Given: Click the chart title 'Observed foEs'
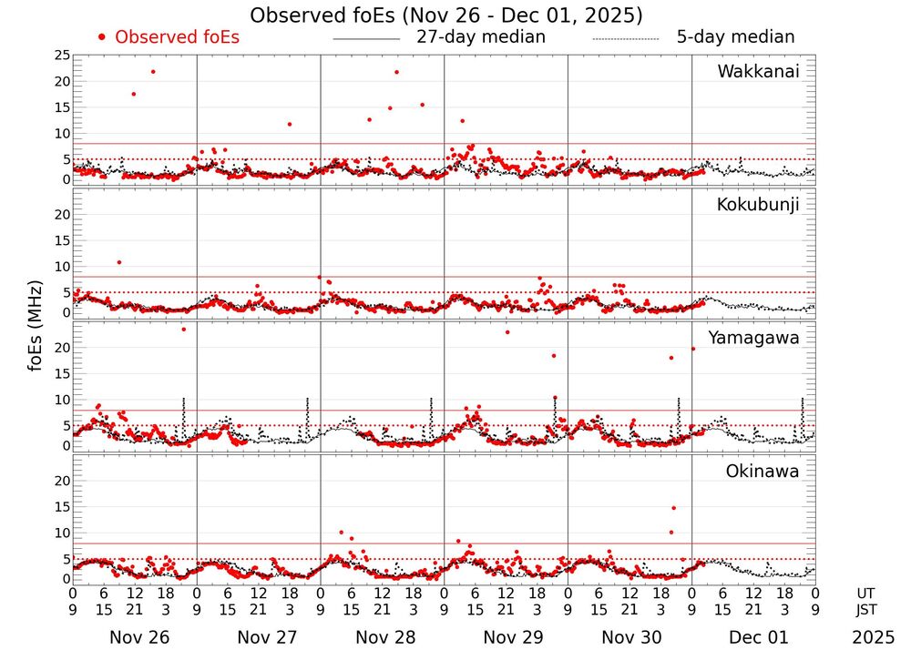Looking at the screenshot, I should point(446,15).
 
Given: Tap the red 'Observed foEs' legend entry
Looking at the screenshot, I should point(169,37).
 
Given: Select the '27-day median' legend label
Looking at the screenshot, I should point(481,37).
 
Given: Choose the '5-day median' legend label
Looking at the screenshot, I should point(735,37).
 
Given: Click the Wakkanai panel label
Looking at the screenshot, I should point(758,72).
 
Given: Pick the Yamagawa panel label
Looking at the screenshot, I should point(755,338).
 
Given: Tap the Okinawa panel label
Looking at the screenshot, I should point(762,472).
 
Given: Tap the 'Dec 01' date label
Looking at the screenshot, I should point(754,637).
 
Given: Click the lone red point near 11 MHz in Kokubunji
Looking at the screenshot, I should point(119,262).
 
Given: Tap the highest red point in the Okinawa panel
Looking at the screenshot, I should point(673,508).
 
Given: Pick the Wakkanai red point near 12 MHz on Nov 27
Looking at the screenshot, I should point(290,124).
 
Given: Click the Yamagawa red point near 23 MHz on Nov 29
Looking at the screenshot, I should point(507,331).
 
